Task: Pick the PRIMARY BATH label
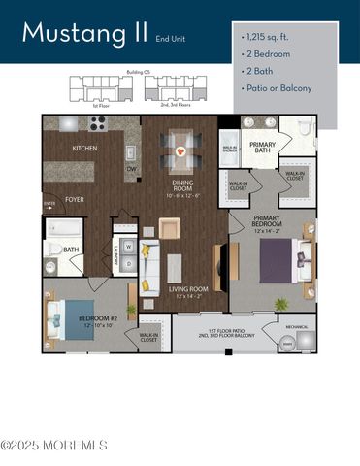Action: (x=262, y=148)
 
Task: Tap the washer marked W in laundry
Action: (x=127, y=247)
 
